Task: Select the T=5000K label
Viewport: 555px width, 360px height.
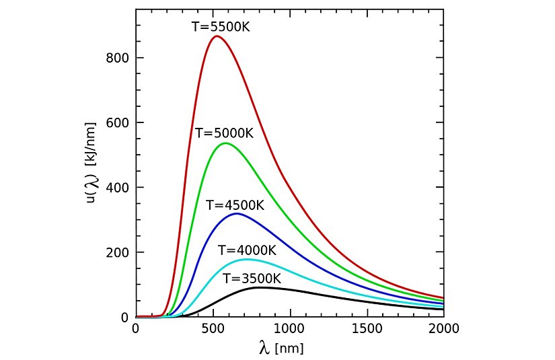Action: [224, 133]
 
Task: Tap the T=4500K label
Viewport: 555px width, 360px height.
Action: [235, 205]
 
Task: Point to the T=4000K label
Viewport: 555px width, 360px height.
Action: [247, 250]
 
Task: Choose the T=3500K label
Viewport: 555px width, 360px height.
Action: [252, 278]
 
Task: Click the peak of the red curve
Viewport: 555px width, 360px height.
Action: [216, 36]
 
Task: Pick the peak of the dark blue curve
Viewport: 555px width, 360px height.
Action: [237, 214]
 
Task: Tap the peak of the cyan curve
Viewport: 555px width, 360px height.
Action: [247, 259]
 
